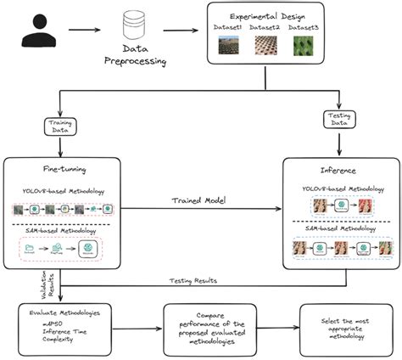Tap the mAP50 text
[x=42, y=326]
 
